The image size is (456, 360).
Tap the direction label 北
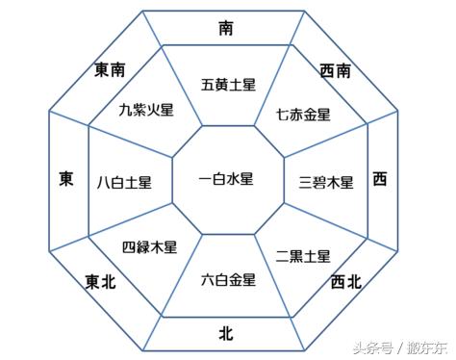pyautogui.click(x=225, y=333)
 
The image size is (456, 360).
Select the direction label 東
pyautogui.click(x=65, y=179)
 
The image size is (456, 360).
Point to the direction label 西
pyautogui.click(x=381, y=179)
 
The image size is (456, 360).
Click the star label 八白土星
pyautogui.click(x=122, y=181)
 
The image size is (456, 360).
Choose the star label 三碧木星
pyautogui.click(x=327, y=181)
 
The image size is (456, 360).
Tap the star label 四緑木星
pyautogui.click(x=150, y=247)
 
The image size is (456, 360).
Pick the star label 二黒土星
pyautogui.click(x=303, y=256)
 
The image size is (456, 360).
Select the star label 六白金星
pyautogui.click(x=229, y=280)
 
